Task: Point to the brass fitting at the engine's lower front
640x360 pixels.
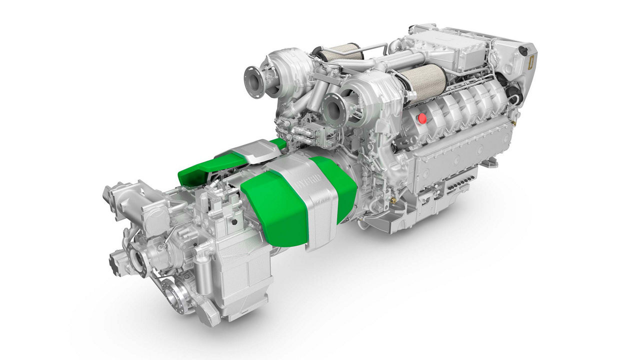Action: pyautogui.click(x=393, y=200)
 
